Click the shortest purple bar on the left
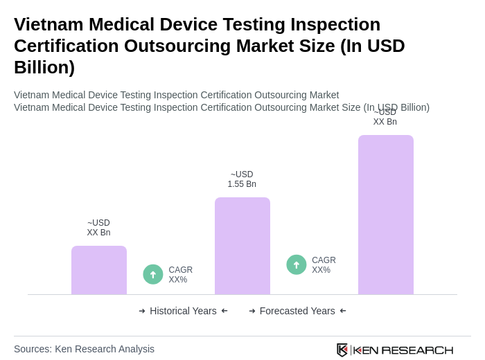(x=99, y=270)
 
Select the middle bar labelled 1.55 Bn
(x=242, y=246)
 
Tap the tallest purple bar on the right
(x=386, y=215)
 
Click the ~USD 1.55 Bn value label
(x=242, y=179)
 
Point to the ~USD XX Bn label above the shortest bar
(x=98, y=228)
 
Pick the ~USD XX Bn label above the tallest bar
(x=385, y=117)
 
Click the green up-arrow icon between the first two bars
(x=153, y=274)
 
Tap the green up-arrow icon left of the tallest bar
(x=297, y=264)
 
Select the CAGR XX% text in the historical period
(x=181, y=275)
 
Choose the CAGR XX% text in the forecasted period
(x=324, y=265)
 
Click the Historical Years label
(x=183, y=311)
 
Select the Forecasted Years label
(x=297, y=311)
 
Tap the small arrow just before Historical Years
(x=142, y=311)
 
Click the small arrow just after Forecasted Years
(x=343, y=311)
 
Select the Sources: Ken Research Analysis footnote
(x=84, y=349)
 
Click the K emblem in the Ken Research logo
(x=342, y=350)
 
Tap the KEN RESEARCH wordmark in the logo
(x=403, y=350)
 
